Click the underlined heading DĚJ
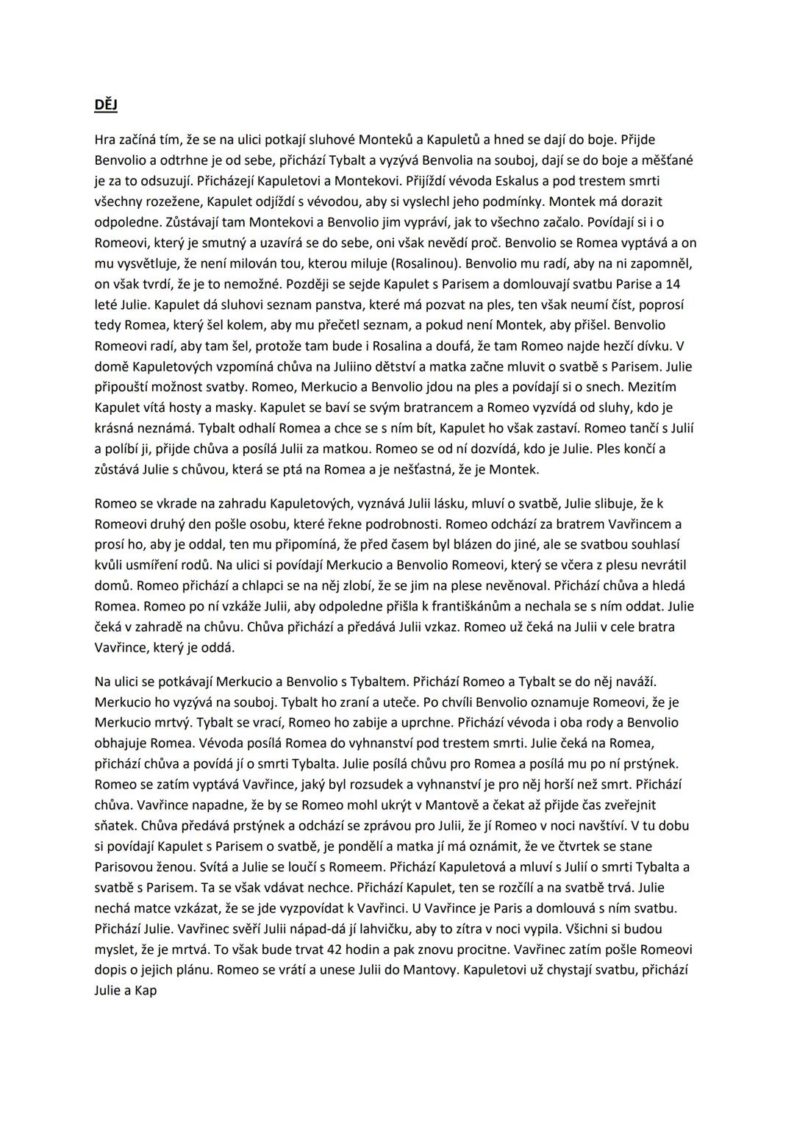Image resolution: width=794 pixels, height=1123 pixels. (x=106, y=105)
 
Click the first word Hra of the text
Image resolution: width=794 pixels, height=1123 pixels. (x=106, y=139)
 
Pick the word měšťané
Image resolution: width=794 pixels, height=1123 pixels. (x=665, y=160)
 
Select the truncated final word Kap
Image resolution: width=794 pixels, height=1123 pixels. (x=145, y=991)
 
